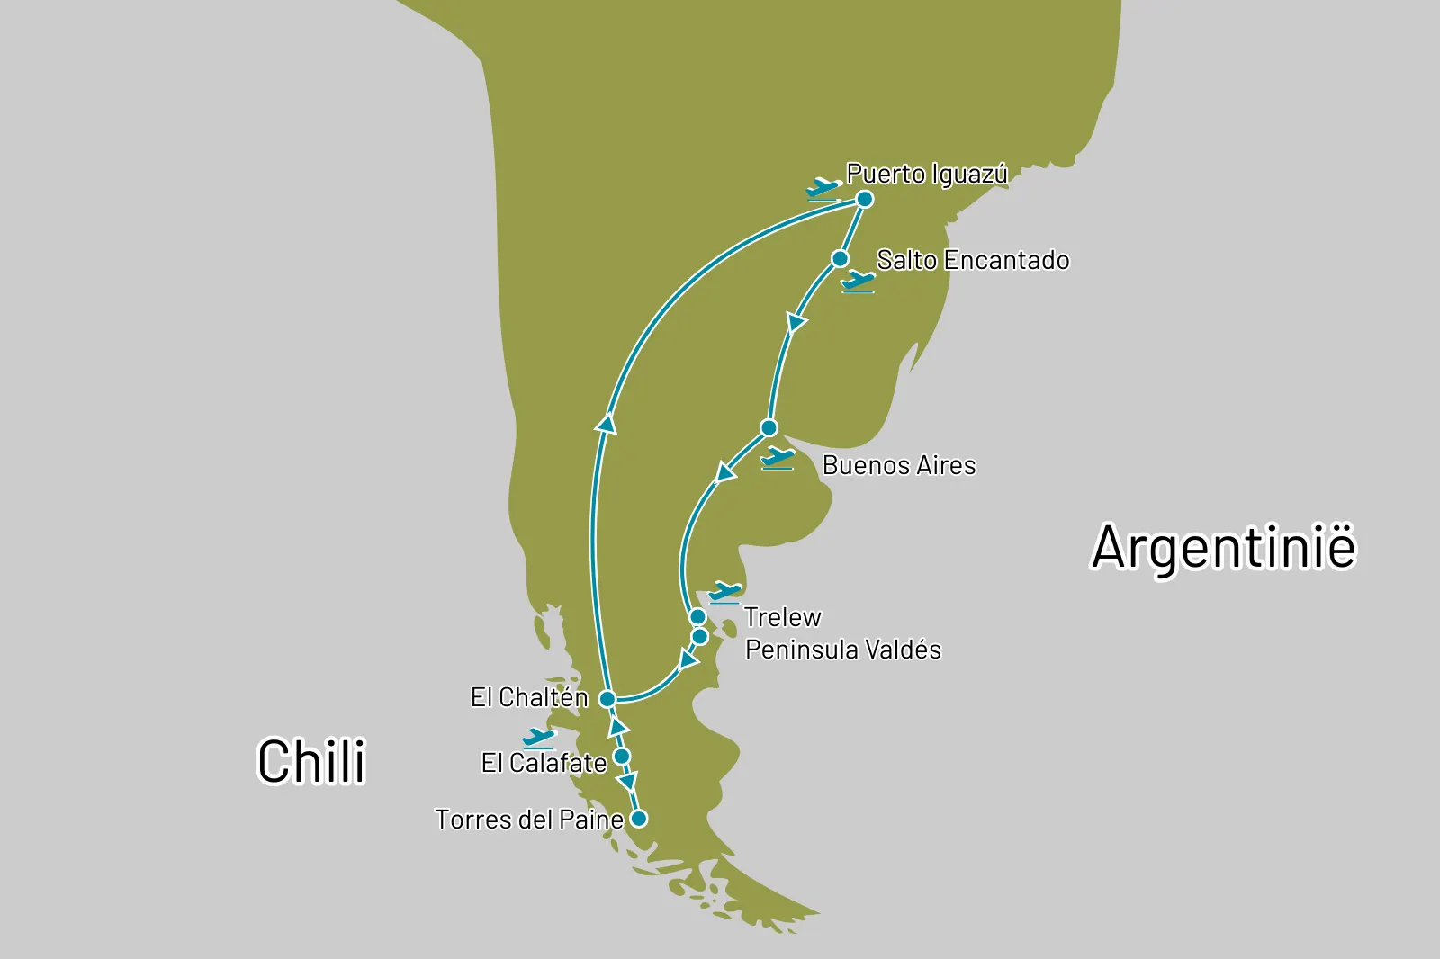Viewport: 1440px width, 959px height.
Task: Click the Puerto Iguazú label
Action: point(927,174)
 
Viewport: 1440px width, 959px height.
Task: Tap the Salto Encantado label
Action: point(973,261)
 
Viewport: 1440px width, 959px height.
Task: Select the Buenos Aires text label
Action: point(899,465)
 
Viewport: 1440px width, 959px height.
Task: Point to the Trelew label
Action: point(782,617)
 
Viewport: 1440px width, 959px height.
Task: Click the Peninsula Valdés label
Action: point(843,650)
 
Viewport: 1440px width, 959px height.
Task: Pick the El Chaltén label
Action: point(529,697)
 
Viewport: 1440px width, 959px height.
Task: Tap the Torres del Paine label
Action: point(529,820)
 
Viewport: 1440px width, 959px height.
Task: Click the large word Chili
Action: point(311,762)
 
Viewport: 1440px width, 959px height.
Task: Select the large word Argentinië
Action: point(1223,547)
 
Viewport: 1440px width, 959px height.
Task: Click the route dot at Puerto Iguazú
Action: point(864,199)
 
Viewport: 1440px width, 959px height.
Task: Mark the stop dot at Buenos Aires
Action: point(769,427)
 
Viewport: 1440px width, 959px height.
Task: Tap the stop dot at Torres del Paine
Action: point(638,819)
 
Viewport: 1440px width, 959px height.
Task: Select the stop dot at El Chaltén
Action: point(607,699)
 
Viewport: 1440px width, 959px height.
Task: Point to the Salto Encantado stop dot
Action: point(840,259)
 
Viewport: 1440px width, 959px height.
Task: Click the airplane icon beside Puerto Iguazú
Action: point(823,189)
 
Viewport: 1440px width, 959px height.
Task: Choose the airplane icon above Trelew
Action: point(724,593)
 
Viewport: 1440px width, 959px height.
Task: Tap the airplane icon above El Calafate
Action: point(538,739)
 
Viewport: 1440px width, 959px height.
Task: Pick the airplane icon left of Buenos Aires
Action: point(777,459)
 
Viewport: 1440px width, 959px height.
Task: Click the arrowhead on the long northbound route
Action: point(607,423)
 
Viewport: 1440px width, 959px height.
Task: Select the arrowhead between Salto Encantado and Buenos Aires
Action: point(795,323)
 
